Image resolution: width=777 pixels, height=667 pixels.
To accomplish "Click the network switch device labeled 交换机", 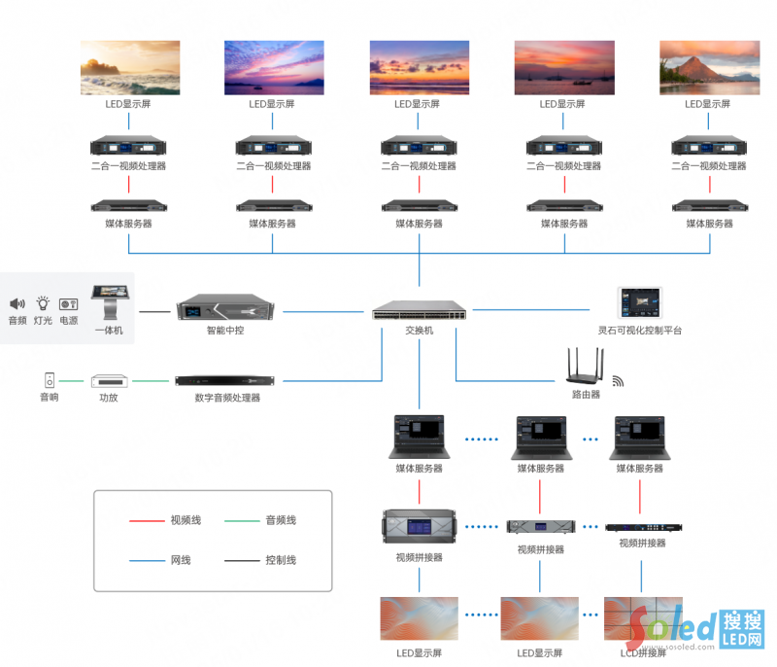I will coord(419,311).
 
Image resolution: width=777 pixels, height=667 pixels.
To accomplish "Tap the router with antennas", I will coord(586,368).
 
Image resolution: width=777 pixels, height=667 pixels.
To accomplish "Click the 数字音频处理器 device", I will coord(225,380).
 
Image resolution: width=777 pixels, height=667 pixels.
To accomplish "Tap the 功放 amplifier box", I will coord(109,380).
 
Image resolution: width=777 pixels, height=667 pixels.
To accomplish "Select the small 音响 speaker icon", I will coord(49,379).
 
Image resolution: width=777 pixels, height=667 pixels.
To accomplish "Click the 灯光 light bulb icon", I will coord(43,303).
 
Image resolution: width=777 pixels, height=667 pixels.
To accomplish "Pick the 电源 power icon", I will coord(68,304).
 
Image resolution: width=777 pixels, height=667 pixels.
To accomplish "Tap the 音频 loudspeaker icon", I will coord(17,304).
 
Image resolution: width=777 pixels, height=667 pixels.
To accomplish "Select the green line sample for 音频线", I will coord(240,520).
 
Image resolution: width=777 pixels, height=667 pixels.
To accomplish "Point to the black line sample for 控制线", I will coord(240,560).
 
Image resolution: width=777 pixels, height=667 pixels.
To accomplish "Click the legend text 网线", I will coord(181,560).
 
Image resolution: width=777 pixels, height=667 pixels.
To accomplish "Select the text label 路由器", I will coord(586,395).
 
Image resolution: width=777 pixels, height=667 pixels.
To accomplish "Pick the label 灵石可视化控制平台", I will coord(640,331).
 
